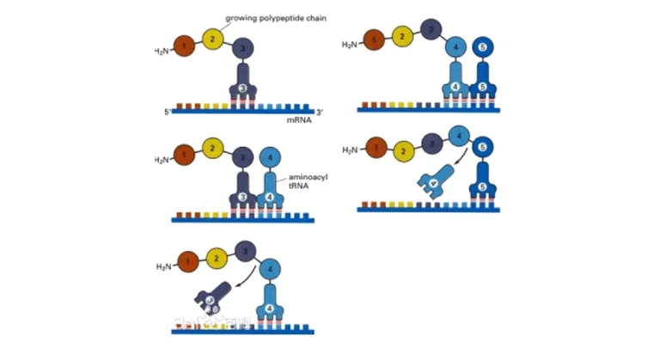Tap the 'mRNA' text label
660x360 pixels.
coord(300,122)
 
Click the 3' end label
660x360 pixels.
coord(320,113)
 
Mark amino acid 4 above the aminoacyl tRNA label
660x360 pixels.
coord(270,158)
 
